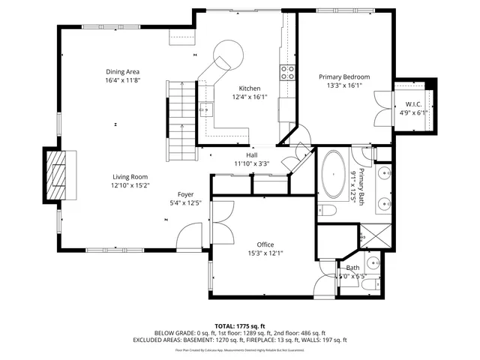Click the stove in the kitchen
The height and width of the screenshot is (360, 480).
(x=286, y=72)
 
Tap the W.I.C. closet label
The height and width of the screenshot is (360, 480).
(x=413, y=104)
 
